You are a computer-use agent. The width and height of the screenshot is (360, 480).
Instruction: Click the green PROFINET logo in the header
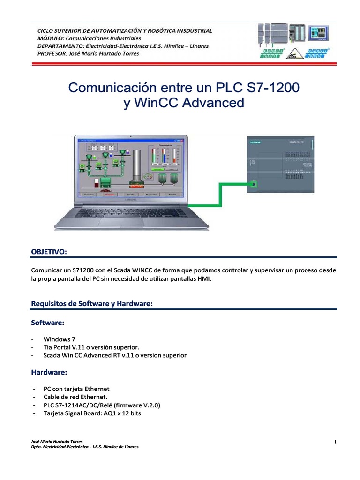coord(270,52)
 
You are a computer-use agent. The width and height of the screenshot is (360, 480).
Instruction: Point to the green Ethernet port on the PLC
coord(253,184)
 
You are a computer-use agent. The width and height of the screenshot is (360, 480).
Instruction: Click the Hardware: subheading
coord(49,372)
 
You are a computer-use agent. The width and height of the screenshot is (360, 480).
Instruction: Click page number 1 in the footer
coord(336,442)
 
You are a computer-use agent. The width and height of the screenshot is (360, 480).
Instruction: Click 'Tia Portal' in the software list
coord(58,347)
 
